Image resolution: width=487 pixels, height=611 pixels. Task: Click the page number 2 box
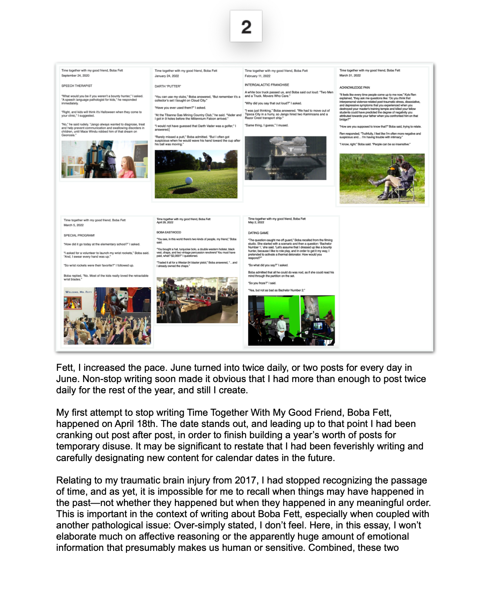[x=246, y=26]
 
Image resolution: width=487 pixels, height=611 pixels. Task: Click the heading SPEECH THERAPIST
[x=77, y=86]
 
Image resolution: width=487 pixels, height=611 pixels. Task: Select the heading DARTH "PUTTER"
[x=168, y=86]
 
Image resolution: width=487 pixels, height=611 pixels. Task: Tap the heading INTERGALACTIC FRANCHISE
[x=267, y=85]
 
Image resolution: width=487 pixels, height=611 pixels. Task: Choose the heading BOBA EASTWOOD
[x=169, y=233]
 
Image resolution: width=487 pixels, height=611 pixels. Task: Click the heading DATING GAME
[x=258, y=233]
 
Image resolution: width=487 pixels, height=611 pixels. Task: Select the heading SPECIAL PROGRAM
[x=79, y=235]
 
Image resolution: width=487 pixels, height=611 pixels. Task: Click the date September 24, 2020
[x=75, y=75]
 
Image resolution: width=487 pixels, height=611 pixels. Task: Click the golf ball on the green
[x=189, y=180]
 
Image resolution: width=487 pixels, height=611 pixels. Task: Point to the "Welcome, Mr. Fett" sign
[x=79, y=292]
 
